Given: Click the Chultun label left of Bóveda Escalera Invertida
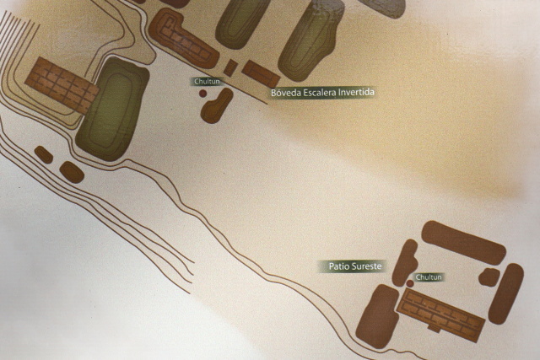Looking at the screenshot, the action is [207, 82].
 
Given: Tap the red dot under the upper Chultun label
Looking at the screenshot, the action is [202, 94].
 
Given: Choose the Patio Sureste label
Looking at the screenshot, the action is [355, 266].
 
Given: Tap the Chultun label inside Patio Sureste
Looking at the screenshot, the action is [429, 277].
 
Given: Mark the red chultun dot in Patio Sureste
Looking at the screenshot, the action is [410, 283].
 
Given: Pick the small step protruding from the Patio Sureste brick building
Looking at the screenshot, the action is [434, 328].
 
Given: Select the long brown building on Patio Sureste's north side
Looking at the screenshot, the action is [463, 243].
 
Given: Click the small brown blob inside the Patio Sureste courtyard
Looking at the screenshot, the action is [489, 277].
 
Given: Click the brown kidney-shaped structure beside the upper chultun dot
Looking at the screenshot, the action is [217, 105].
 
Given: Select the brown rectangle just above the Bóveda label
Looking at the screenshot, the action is [261, 74].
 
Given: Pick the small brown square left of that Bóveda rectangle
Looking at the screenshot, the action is [230, 67].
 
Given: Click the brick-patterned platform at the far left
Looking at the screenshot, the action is [62, 85].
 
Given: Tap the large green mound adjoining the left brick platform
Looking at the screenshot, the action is [112, 109].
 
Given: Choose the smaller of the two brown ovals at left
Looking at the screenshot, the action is [44, 154].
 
